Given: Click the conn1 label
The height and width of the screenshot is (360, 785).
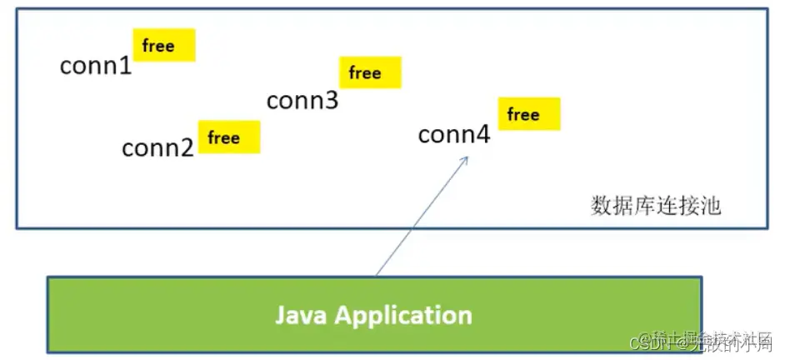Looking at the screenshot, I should pyautogui.click(x=96, y=66).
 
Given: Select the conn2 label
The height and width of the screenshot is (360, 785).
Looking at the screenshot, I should pyautogui.click(x=157, y=148).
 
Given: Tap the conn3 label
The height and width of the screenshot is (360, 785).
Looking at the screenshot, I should pyautogui.click(x=302, y=101).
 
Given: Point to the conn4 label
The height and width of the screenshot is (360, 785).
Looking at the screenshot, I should pyautogui.click(x=454, y=134).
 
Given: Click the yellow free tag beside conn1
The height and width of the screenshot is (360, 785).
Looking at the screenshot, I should pyautogui.click(x=164, y=45).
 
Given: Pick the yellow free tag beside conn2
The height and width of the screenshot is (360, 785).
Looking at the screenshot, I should pyautogui.click(x=229, y=137).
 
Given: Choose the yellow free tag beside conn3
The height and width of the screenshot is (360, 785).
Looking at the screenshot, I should pyautogui.click(x=370, y=72).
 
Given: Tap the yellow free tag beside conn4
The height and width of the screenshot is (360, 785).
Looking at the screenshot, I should pyautogui.click(x=529, y=113).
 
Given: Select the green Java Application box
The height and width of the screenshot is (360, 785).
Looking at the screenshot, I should pyautogui.click(x=374, y=314).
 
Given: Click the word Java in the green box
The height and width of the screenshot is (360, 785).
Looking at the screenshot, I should pyautogui.click(x=302, y=315).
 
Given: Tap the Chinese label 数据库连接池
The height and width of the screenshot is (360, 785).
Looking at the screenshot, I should pyautogui.click(x=656, y=206).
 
